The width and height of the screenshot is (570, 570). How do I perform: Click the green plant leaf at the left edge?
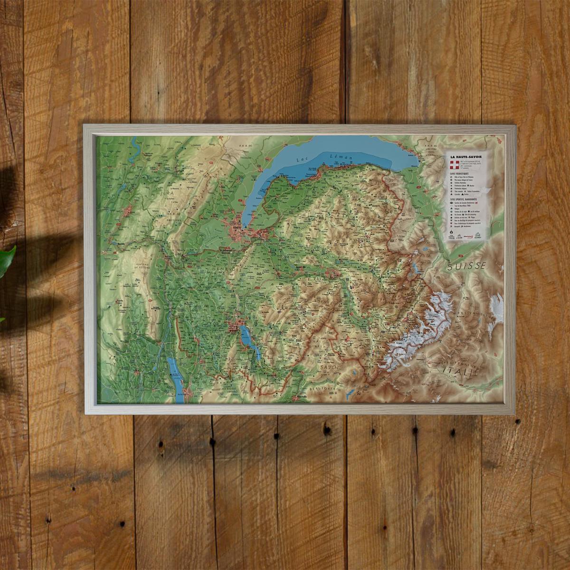click(6, 260)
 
